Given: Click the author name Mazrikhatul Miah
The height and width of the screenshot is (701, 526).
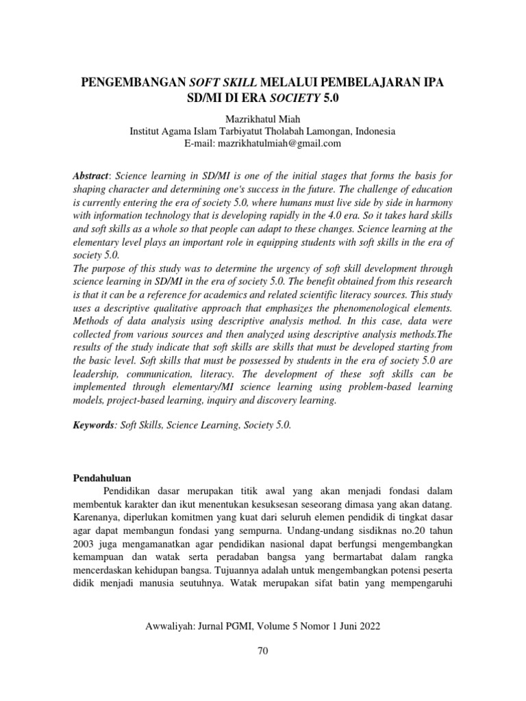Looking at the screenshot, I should click(x=262, y=118).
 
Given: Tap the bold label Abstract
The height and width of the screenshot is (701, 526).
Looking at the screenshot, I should click(x=90, y=177).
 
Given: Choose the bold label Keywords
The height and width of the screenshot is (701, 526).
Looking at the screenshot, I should click(x=94, y=425).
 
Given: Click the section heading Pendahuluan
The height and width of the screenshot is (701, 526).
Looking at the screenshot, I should click(x=101, y=476).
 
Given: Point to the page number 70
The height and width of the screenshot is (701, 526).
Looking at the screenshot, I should click(x=262, y=650).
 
